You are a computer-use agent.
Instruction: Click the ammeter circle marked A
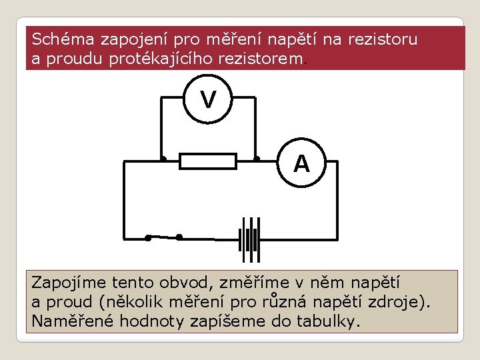click(x=301, y=163)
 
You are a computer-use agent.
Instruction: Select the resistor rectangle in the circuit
click(x=209, y=161)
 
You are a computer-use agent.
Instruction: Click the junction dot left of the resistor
click(x=163, y=159)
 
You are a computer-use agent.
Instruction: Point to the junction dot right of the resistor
click(x=257, y=159)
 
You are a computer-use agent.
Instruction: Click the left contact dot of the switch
click(x=148, y=237)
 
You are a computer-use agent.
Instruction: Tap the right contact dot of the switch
click(x=179, y=236)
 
